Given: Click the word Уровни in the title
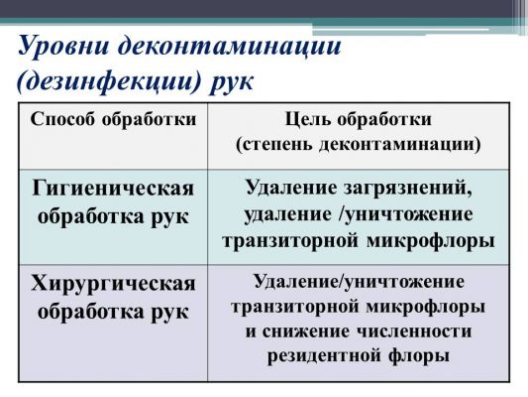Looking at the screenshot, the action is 63,47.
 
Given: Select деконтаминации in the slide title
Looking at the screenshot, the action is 229,46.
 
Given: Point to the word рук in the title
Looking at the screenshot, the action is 232,83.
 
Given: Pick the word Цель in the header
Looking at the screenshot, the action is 306,120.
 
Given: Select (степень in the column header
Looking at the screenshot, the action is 273,145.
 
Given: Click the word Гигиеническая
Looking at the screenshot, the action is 113,189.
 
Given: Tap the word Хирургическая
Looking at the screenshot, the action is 113,283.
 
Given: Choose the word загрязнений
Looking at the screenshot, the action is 408,188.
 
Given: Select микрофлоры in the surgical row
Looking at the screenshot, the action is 426,307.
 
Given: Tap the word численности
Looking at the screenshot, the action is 414,331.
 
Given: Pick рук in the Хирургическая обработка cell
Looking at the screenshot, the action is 169,313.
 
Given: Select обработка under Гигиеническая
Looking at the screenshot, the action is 91,216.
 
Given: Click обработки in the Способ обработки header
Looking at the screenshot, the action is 149,120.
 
